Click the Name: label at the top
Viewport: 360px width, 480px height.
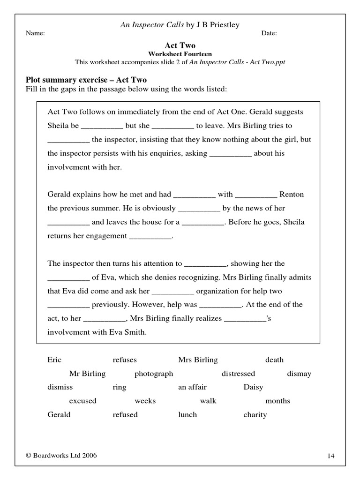pyautogui.click(x=35, y=33)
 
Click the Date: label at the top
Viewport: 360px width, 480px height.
pyautogui.click(x=269, y=33)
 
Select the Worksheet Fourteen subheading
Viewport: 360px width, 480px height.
pyautogui.click(x=180, y=54)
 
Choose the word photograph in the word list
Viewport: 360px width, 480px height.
pyautogui.click(x=154, y=374)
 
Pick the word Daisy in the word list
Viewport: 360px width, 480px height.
pyautogui.click(x=253, y=387)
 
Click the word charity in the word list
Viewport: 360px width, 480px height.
pyautogui.click(x=255, y=414)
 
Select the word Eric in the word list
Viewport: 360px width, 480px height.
pyautogui.click(x=54, y=360)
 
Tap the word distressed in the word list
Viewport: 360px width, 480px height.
pyautogui.click(x=238, y=374)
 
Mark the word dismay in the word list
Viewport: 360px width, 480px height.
pyautogui.click(x=299, y=374)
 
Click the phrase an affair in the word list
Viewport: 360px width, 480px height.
pyautogui.click(x=192, y=387)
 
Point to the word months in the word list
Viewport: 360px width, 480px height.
pyautogui.click(x=277, y=401)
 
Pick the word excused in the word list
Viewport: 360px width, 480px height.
pyautogui.click(x=82, y=401)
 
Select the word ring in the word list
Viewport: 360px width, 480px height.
pyautogui.click(x=119, y=387)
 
